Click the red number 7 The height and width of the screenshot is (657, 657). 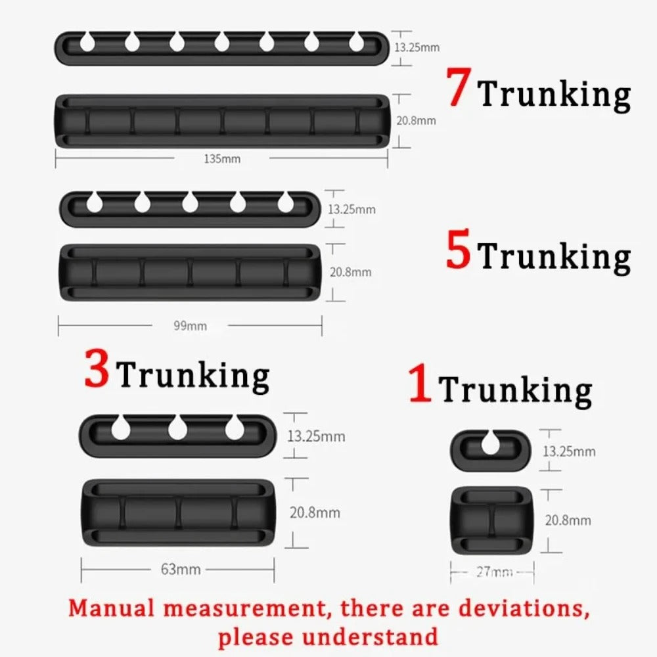[x=459, y=89]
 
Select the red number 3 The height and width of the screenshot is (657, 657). [x=97, y=370]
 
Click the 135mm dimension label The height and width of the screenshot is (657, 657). [x=222, y=158]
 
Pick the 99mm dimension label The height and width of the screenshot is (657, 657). [x=191, y=325]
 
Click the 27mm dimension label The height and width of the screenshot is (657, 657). [x=493, y=572]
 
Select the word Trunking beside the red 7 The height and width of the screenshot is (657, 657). [x=555, y=95]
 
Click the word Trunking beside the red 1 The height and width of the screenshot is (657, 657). [x=515, y=390]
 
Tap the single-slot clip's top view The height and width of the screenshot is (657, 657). [x=490, y=450]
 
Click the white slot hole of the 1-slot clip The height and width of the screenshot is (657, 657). [x=490, y=443]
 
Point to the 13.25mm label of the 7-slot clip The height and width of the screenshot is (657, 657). [x=417, y=47]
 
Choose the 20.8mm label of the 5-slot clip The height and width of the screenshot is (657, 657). [x=350, y=272]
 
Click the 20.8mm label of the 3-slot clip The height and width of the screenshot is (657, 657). [x=315, y=512]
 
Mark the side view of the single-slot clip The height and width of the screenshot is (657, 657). [x=491, y=519]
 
